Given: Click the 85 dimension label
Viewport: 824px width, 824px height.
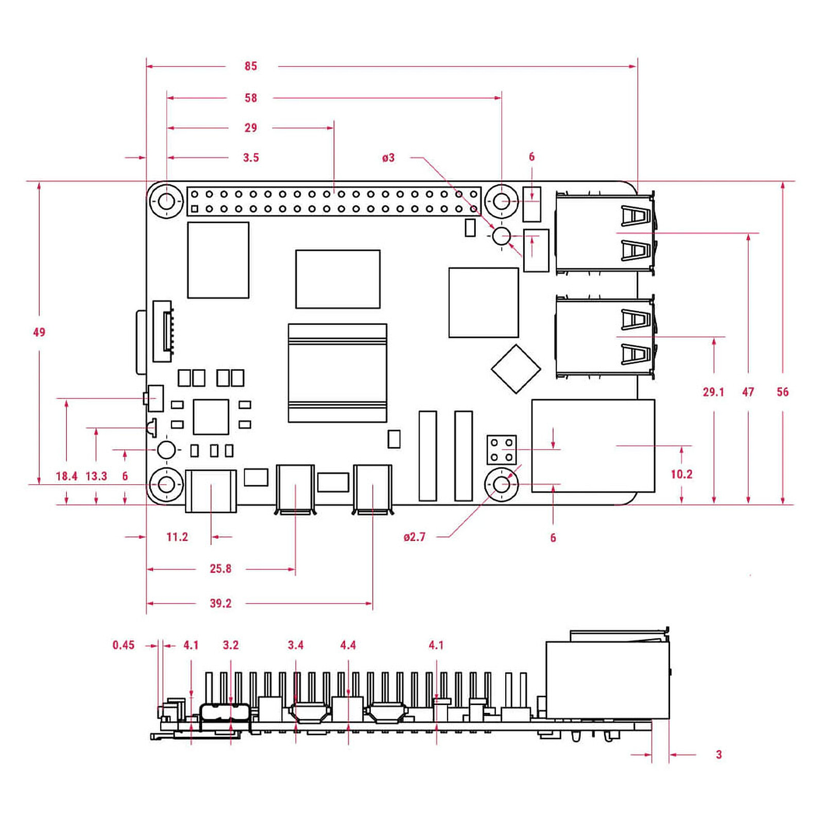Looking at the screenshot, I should coord(251,66).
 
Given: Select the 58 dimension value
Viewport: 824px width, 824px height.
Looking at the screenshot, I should coord(251,98).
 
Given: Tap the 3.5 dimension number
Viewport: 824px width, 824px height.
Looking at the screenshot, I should coord(251,158).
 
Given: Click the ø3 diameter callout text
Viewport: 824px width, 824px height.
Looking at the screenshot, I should coord(388,158).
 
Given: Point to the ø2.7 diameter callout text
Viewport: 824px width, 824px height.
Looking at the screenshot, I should coord(415,537).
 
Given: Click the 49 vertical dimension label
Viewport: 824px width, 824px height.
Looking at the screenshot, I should coord(39,332).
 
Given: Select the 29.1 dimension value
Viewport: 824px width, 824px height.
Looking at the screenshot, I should coord(713,392).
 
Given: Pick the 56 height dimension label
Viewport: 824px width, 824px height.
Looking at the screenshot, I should coord(782,392).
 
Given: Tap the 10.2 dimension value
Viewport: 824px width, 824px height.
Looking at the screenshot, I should coord(681,474).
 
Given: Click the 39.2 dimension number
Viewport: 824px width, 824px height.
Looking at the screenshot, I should coord(220,603).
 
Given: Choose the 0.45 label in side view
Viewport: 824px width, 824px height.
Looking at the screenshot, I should coord(124,645).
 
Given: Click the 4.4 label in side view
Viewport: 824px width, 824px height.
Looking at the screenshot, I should coord(348,645).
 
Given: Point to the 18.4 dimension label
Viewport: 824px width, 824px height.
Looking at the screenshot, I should coord(67,476).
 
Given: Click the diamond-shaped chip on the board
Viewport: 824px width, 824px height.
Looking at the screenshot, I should coord(516,369).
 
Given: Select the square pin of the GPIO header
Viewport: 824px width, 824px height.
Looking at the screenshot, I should coord(195,209).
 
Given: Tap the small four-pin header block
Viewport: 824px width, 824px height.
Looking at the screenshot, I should coord(502,450).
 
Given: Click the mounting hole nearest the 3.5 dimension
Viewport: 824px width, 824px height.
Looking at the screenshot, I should coord(166,201).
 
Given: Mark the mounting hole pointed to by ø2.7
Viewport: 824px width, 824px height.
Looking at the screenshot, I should coord(502,484).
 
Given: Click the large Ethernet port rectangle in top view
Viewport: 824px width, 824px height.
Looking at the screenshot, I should coord(593,445).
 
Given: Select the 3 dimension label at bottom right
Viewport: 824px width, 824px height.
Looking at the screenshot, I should coord(719,754).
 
